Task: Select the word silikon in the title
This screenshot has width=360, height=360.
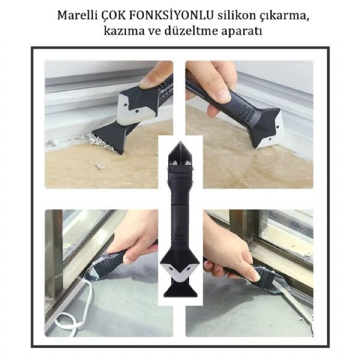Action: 236,16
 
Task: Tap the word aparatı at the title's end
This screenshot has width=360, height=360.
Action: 242,32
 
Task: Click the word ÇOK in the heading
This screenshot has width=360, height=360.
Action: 113,16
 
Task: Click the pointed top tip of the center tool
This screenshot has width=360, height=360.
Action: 180,142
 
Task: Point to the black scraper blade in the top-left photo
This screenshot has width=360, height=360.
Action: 113,137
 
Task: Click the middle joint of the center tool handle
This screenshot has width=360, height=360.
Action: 181,204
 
